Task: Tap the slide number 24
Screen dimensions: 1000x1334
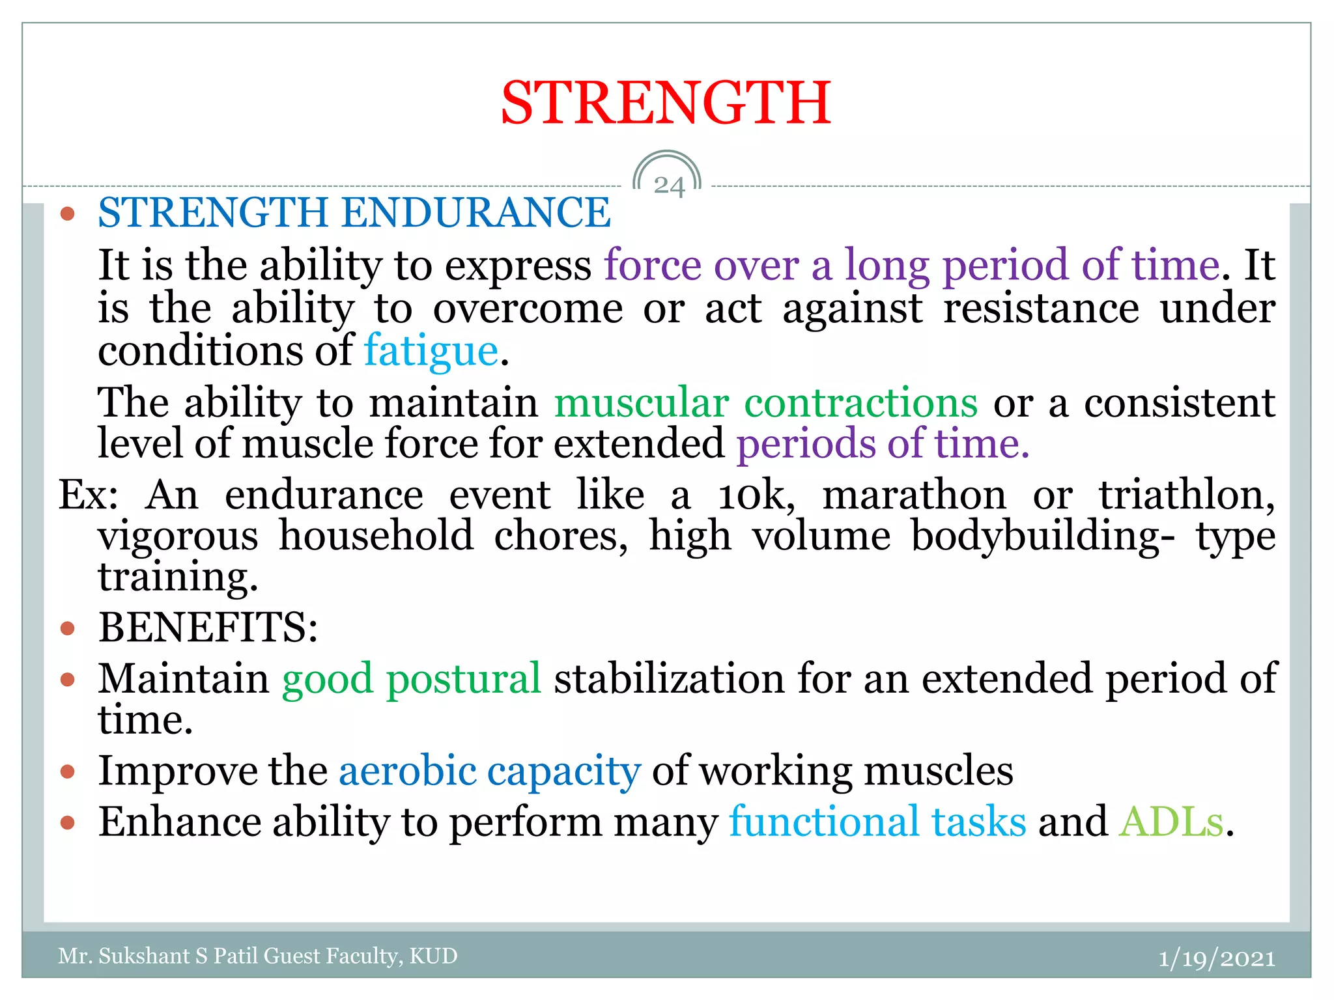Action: [x=669, y=186]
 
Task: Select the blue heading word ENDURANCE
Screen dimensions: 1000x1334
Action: [x=476, y=213]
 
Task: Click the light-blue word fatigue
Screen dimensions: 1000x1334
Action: [x=431, y=352]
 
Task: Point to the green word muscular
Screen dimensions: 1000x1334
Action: [x=641, y=402]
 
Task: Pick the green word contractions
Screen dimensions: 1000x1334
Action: [x=860, y=402]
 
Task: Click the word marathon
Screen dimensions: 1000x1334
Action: [x=914, y=495]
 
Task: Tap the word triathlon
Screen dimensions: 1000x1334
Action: [x=1186, y=495]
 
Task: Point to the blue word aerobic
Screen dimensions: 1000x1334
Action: [x=408, y=771]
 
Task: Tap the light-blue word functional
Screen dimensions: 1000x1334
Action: [x=824, y=822]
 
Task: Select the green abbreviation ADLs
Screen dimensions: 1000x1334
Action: [x=1171, y=822]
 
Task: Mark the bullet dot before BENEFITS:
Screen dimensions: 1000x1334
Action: [x=68, y=628]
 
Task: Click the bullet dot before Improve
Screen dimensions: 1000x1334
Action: [x=68, y=772]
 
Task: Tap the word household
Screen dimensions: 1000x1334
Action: [x=376, y=536]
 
